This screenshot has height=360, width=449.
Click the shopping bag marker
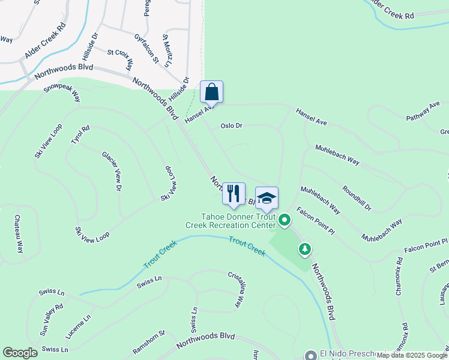[x=211, y=92]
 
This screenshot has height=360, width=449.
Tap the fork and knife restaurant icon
[x=234, y=193]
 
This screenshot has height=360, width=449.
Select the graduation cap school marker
[x=267, y=198]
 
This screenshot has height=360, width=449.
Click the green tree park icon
[x=305, y=248]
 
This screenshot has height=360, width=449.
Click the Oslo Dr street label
[x=231, y=126]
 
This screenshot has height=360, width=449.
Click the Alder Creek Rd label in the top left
[x=45, y=41]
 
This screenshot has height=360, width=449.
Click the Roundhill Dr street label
[x=357, y=199]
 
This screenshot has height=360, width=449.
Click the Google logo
[x=20, y=353]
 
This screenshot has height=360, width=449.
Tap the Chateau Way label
[x=19, y=235]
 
